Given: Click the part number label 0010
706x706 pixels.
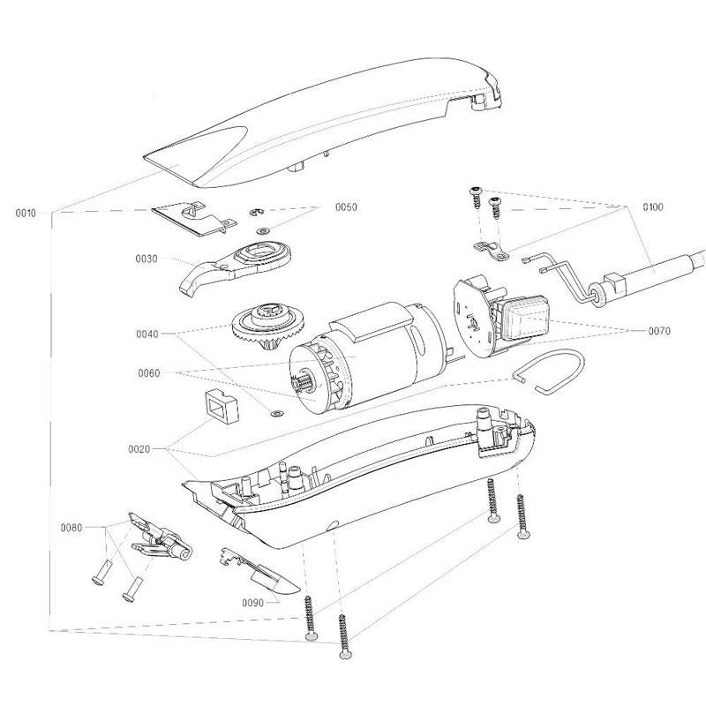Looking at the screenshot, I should [x=26, y=213].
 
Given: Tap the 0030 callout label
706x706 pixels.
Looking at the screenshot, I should [x=146, y=259].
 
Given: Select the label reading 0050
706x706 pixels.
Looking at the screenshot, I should [x=346, y=207].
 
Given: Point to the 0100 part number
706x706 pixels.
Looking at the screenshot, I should [x=654, y=207].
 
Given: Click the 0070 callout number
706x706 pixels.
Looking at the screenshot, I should [x=657, y=331].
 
